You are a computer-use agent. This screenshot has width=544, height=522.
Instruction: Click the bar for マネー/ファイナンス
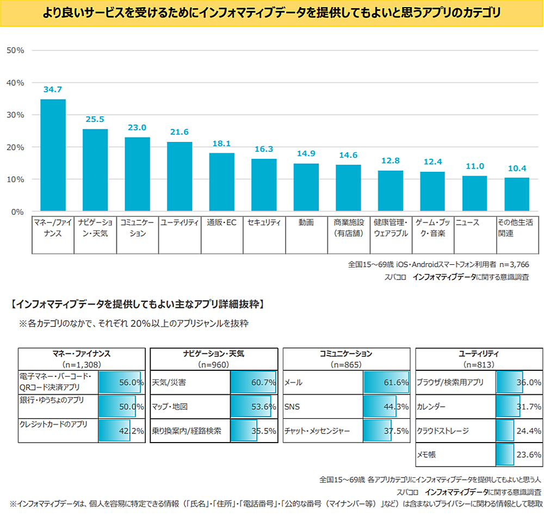(53, 155)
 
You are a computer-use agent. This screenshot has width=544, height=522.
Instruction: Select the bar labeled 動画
(306, 187)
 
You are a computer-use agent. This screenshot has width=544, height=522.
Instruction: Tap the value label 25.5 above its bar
(95, 119)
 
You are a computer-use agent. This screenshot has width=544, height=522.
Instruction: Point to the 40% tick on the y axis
(15, 83)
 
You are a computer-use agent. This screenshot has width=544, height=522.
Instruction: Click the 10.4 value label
(516, 167)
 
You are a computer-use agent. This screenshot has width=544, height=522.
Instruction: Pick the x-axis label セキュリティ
(264, 222)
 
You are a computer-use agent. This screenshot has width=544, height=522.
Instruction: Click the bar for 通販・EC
(222, 182)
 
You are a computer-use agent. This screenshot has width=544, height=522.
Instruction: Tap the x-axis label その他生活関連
(515, 228)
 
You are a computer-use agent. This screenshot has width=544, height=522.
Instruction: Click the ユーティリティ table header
(479, 353)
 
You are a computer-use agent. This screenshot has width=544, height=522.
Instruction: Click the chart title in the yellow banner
(271, 13)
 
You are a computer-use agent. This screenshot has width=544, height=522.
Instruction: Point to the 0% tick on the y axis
(17, 212)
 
